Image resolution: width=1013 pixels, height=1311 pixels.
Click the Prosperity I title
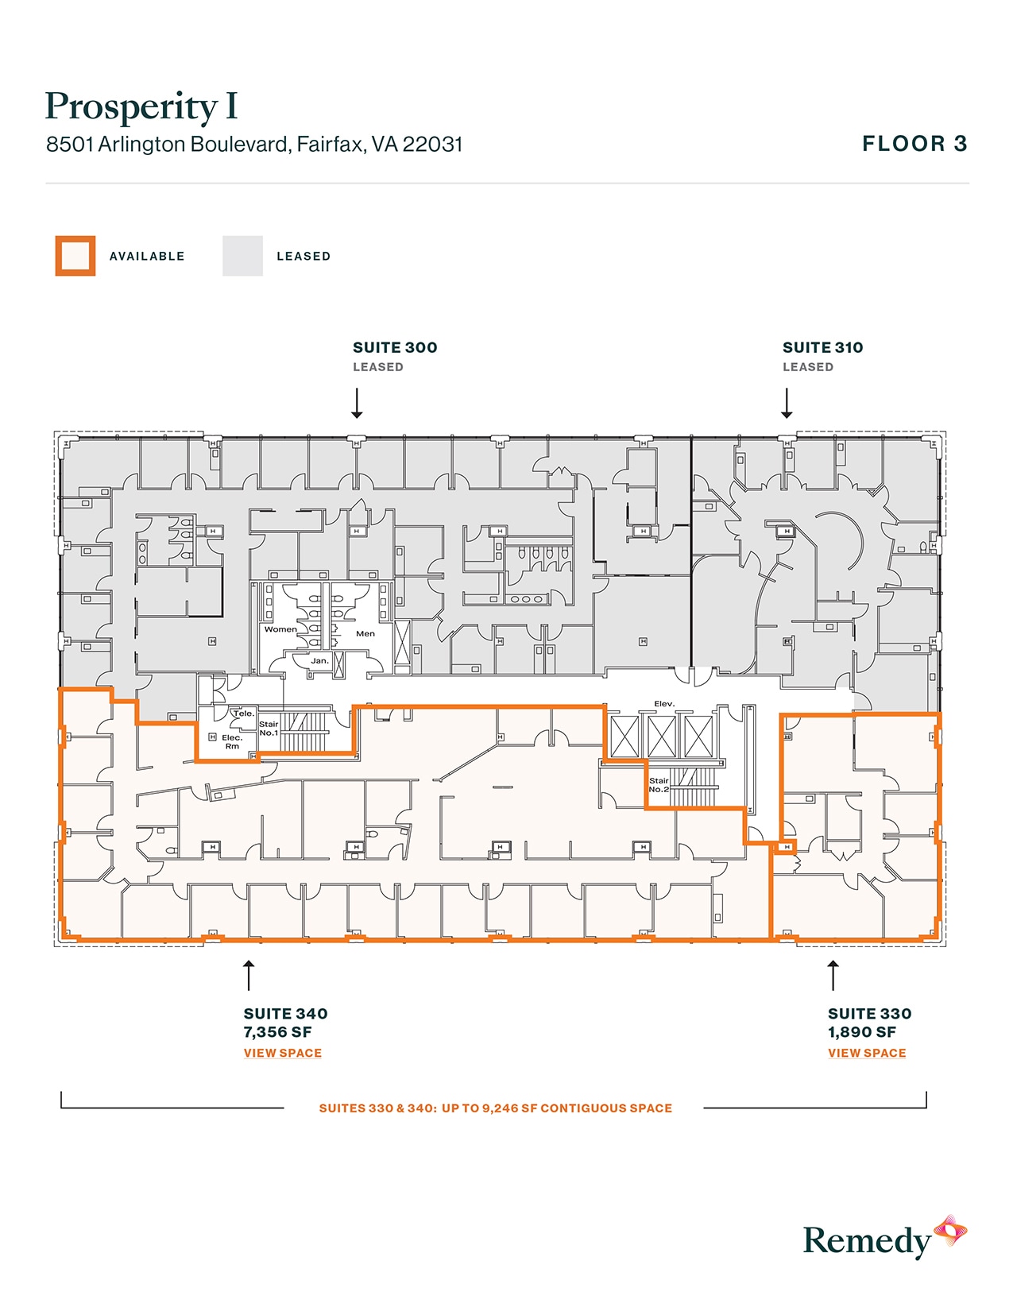pyautogui.click(x=141, y=107)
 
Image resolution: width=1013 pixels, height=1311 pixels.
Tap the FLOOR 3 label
pyautogui.click(x=914, y=144)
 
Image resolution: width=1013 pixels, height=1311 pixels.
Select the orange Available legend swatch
pyautogui.click(x=75, y=256)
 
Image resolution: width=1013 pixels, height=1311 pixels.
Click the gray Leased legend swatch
pyautogui.click(x=242, y=256)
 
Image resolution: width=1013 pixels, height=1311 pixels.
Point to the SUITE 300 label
pyautogui.click(x=395, y=347)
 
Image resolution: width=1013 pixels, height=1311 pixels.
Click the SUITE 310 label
pyautogui.click(x=822, y=347)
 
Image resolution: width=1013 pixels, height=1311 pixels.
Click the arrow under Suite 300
pyautogui.click(x=357, y=403)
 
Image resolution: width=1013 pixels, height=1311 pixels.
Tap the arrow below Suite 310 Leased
pyautogui.click(x=787, y=403)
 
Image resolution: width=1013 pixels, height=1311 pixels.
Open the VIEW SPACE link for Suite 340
pyautogui.click(x=282, y=1053)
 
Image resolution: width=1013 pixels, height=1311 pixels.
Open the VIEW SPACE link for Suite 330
pyautogui.click(x=867, y=1053)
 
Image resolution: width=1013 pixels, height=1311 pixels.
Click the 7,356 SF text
pyautogui.click(x=277, y=1032)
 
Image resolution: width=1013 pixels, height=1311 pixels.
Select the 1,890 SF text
pyautogui.click(x=862, y=1032)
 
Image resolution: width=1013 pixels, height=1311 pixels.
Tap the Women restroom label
pyautogui.click(x=280, y=629)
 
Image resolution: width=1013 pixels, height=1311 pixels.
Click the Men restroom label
pyautogui.click(x=365, y=633)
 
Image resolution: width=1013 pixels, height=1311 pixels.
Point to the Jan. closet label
pyautogui.click(x=319, y=661)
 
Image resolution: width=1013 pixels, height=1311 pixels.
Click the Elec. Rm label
pyautogui.click(x=232, y=741)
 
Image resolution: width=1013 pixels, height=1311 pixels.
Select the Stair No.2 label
pyautogui.click(x=659, y=785)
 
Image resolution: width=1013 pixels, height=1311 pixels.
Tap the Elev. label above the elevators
pyautogui.click(x=664, y=704)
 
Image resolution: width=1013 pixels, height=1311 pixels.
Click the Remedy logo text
pyautogui.click(x=866, y=1241)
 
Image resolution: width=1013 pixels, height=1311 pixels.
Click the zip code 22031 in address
pyautogui.click(x=432, y=144)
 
